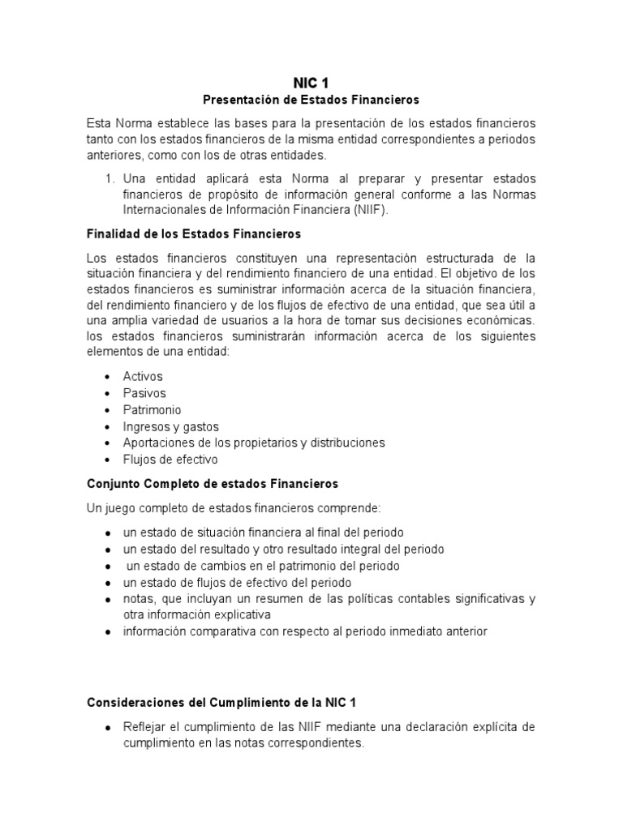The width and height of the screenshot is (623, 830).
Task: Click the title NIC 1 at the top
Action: pos(311,82)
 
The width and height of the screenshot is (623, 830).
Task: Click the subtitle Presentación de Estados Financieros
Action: pos(311,100)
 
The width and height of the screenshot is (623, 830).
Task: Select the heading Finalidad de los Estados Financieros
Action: pos(193,233)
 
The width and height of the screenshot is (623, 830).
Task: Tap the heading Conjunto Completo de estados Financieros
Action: pos(212,483)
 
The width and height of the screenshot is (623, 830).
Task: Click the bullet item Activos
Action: pos(143,376)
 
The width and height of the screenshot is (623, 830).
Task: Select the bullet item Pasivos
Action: pos(144,393)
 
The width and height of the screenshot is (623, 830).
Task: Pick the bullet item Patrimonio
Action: pos(152,409)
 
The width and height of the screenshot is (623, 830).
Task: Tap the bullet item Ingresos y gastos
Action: pos(170,426)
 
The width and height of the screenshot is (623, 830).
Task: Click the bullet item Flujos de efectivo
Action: pos(170,460)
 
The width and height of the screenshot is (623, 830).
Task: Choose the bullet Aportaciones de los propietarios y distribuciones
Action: pos(253,443)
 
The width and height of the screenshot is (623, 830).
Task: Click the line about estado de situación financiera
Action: pos(263,533)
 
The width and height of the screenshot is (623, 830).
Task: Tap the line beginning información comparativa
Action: pos(305,631)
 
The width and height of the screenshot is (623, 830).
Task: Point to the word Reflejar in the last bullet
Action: pos(144,727)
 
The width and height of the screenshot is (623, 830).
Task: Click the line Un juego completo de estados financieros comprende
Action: pos(233,507)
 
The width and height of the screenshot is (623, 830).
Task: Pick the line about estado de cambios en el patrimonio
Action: pos(262,566)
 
